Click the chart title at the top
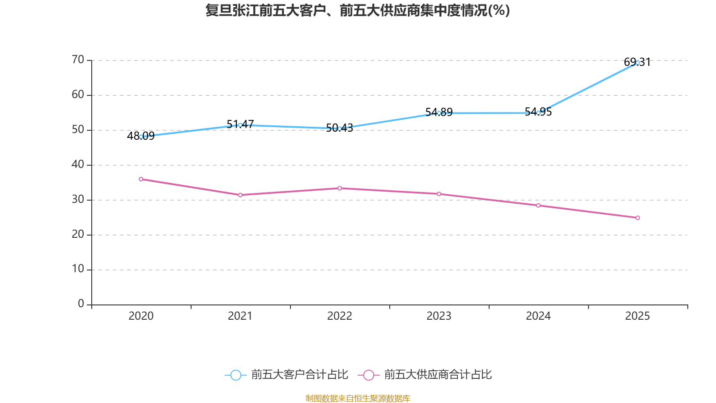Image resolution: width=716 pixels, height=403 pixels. tap(358, 10)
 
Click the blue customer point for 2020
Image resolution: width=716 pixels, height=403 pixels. tap(141, 137)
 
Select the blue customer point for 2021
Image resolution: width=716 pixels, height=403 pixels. tap(240, 125)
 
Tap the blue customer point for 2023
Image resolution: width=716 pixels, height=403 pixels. tap(439, 113)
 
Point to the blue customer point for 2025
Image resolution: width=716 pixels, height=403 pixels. tap(638, 63)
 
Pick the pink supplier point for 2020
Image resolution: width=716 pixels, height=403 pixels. tap(141, 179)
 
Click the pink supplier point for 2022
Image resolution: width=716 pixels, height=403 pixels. tap(340, 188)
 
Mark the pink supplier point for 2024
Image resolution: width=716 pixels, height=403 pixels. tap(538, 205)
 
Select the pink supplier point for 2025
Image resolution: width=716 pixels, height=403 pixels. tap(638, 218)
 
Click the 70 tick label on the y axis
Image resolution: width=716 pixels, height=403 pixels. tap(78, 60)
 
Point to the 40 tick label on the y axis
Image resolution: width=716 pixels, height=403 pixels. tap(78, 164)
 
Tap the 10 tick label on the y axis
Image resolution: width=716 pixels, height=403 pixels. tap(78, 269)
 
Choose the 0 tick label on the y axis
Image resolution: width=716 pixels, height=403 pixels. tap(81, 304)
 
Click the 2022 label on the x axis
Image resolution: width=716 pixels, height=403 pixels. tap(340, 316)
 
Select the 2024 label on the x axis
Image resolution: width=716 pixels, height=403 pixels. tap(538, 316)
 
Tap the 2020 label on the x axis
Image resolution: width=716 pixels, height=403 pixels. tap(141, 316)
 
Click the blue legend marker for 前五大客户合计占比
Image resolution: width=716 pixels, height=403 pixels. tap(235, 375)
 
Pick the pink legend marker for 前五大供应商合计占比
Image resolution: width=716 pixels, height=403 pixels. tap(369, 375)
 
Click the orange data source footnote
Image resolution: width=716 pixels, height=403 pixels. tap(358, 398)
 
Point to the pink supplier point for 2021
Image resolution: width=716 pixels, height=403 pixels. tap(240, 195)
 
